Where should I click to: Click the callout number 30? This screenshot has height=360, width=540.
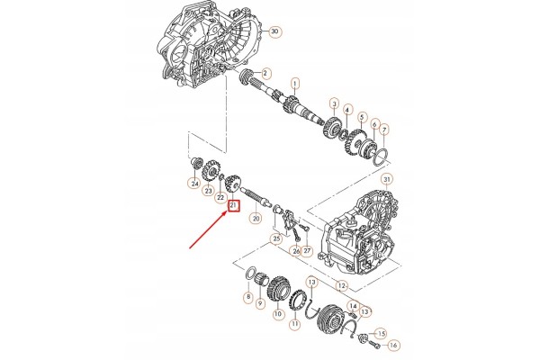coord(274,31)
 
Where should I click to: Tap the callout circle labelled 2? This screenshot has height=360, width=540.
coord(265,74)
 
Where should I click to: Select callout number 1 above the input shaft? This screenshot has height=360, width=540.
coord(295,84)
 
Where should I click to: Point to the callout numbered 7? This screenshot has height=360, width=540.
coord(384,130)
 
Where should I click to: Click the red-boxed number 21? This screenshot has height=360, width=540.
coord(233,206)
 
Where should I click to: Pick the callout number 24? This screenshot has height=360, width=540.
coord(195,184)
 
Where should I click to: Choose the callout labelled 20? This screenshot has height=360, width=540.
coord(256,218)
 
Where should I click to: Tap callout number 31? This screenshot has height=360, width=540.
coord(387,179)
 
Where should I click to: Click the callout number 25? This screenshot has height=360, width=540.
coord(276,238)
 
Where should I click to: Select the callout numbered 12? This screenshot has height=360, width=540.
coord(341,285)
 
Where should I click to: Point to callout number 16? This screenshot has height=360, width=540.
coord(393,345)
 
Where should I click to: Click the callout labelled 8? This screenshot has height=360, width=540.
coord(248,296)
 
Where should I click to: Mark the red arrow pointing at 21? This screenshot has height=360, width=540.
coord(208,230)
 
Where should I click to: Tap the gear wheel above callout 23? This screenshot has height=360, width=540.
coord(210,170)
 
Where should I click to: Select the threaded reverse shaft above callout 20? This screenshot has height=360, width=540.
coord(256,196)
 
